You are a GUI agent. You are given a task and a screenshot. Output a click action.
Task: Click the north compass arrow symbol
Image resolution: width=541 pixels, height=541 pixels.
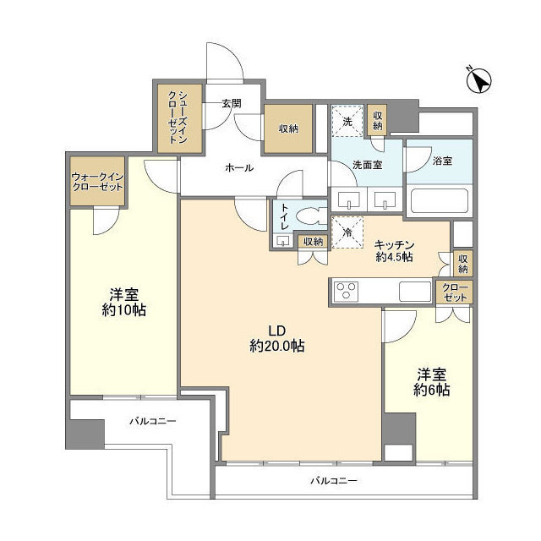point(481,81)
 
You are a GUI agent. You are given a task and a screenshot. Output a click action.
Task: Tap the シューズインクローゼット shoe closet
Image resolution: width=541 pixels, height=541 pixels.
point(178,118)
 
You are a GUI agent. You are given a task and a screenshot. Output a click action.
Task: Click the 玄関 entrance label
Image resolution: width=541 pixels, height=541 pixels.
point(232,104)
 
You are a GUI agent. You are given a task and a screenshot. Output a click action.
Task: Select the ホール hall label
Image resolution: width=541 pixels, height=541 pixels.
point(239,167)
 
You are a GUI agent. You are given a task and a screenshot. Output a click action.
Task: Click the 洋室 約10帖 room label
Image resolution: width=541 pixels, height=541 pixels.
point(124,302)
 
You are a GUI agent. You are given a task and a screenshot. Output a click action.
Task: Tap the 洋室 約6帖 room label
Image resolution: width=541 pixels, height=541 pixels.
point(431,381)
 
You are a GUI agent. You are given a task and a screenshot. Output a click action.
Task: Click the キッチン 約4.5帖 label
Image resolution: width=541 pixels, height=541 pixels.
point(393,250)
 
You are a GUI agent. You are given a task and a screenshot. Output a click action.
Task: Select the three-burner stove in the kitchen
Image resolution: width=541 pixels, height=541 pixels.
point(347,292)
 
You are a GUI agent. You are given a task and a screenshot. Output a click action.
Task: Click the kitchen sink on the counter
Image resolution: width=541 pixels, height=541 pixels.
point(415,292)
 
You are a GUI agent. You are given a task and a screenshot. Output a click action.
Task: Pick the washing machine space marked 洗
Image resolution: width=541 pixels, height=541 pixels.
point(347,121)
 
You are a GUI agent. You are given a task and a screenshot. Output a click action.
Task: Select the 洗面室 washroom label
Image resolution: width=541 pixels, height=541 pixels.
point(367,165)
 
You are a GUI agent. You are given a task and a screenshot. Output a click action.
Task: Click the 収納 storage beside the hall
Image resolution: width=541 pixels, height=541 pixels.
point(288,129)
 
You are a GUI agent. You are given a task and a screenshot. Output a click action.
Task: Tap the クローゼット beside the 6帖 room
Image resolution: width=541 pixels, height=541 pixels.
point(455,292)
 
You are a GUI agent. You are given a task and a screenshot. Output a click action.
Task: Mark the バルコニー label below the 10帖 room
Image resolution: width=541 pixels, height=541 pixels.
point(152,420)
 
